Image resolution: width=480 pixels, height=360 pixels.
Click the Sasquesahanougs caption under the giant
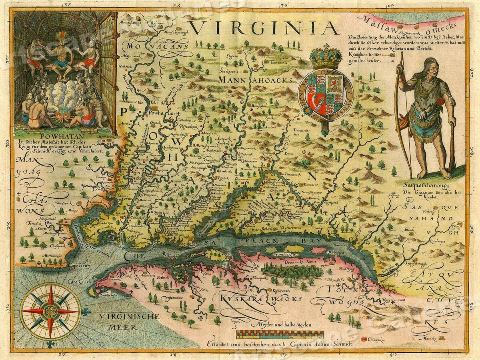[426, 185]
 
